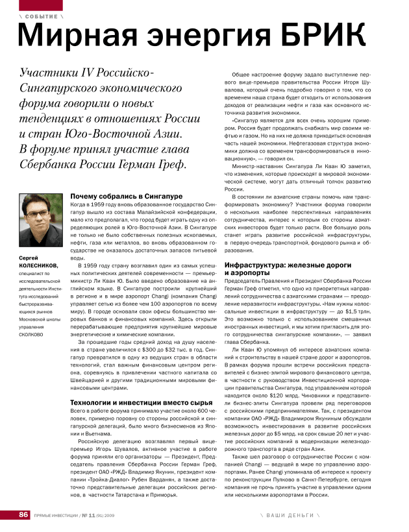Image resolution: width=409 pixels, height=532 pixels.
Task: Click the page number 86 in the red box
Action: [24, 514]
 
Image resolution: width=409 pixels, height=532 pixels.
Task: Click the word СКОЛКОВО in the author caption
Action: [31, 335]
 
